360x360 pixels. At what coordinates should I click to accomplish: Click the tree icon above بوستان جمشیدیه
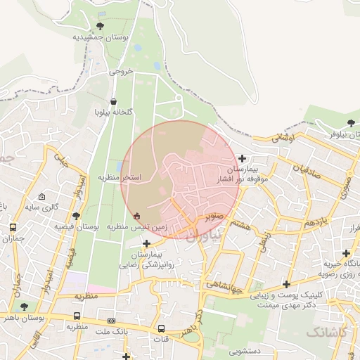(x=100, y=26)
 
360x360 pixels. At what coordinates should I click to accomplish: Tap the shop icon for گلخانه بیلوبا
(x=114, y=101)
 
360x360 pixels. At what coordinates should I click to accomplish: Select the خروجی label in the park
(x=120, y=72)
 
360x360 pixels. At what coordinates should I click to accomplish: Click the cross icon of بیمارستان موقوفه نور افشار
(x=243, y=158)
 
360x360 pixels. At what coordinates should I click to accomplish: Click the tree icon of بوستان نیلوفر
(x=351, y=123)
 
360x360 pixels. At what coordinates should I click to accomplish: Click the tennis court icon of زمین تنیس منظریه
(x=136, y=215)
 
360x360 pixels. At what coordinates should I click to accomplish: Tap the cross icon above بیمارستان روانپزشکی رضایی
(x=146, y=243)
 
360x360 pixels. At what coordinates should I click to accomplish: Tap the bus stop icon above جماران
(x=13, y=227)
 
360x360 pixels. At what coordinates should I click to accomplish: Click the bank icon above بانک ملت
(x=110, y=321)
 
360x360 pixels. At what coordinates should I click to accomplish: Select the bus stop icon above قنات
(x=161, y=328)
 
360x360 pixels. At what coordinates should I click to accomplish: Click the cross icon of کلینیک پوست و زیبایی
(x=286, y=284)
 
